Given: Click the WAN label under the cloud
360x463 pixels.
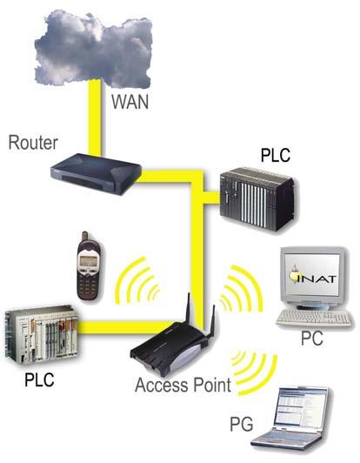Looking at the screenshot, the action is [130, 102].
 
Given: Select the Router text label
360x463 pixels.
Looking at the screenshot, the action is [33, 143].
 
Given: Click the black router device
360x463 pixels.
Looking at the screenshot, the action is [96, 174].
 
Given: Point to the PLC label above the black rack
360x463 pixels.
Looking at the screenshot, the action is [276, 154].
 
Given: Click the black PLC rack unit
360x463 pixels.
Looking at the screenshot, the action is [259, 198].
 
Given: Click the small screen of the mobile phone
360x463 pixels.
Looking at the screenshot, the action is [87, 261].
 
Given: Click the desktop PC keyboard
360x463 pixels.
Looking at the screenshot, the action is [315, 319].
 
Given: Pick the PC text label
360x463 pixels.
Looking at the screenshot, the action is [312, 339].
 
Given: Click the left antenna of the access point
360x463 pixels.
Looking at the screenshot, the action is [187, 308].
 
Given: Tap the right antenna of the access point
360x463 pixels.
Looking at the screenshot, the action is [212, 322].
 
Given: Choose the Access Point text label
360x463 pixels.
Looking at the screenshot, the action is [183, 385].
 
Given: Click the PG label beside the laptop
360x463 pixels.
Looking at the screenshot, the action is [242, 425].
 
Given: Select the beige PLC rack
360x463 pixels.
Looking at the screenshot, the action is [42, 334].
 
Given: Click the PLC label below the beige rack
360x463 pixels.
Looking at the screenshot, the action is [39, 379].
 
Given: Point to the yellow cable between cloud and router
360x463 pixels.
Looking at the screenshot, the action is [95, 117].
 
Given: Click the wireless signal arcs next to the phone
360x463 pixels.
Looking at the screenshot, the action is [137, 281].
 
